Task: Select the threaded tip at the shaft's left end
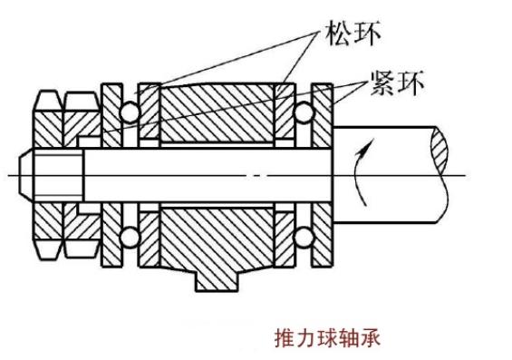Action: click(x=34, y=173)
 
